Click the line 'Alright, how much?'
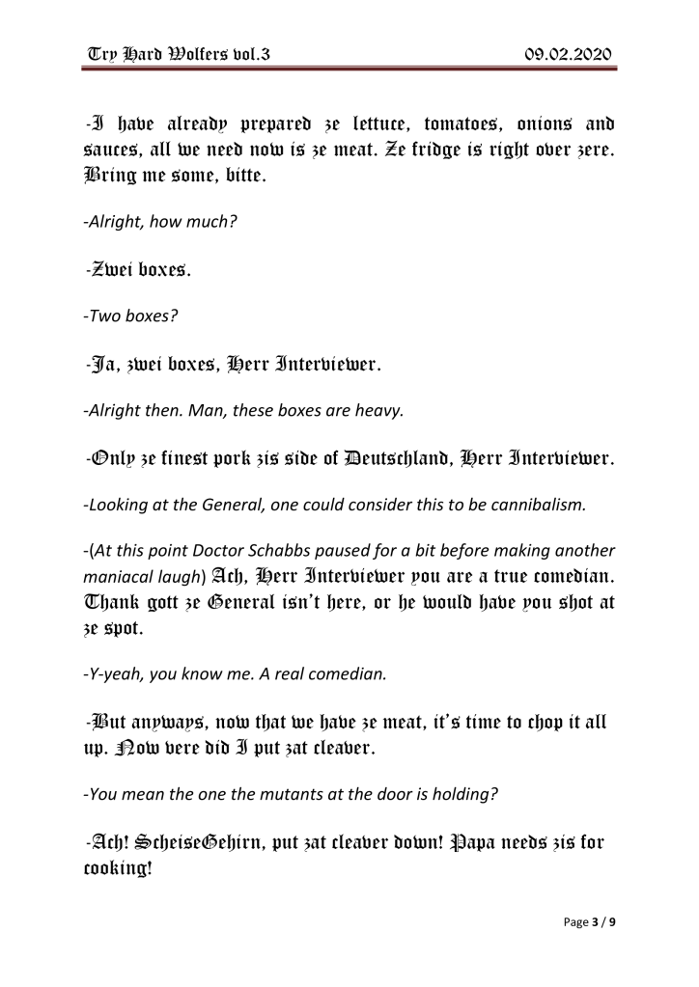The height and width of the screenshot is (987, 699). pos(160,221)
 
